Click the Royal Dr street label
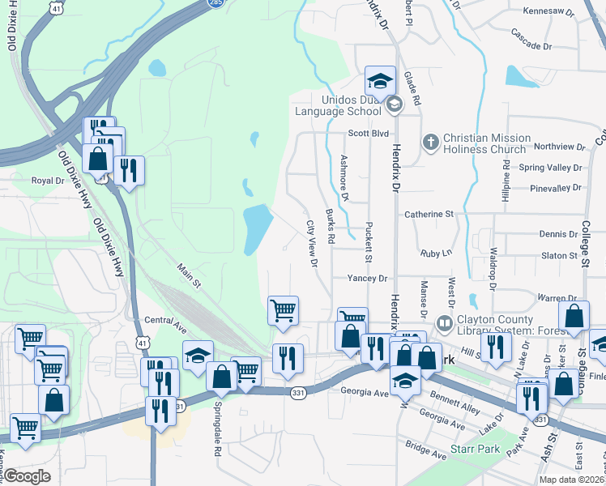coord(47,181)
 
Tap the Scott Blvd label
coord(369,134)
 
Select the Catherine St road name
coord(429,215)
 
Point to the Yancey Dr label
coord(367,278)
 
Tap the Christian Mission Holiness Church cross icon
coord(430,142)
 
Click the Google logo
coord(28,475)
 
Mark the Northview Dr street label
coord(559,147)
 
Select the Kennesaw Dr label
coord(548,13)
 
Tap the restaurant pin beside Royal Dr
coord(129,171)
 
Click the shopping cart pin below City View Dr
coord(283,310)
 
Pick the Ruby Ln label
coord(436,254)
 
